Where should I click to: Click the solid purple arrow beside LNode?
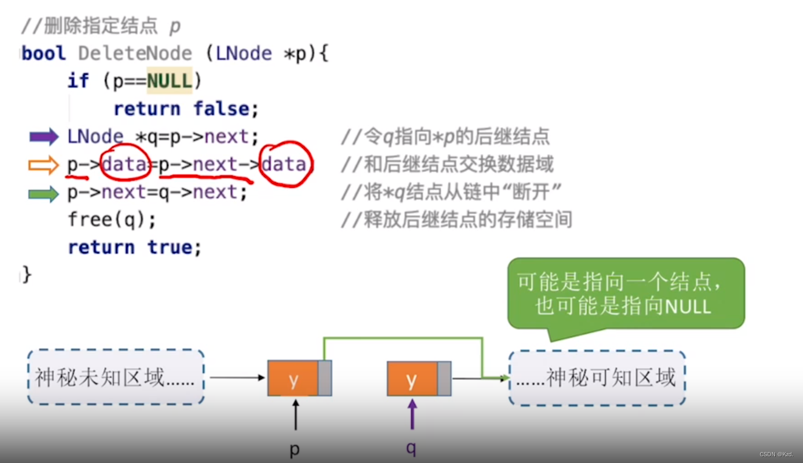pos(44,137)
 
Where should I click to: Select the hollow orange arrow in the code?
pos(44,165)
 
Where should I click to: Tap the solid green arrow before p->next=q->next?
pos(44,193)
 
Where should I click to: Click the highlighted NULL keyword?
pos(169,80)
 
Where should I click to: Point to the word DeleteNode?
pos(135,53)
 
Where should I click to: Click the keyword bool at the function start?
pos(44,53)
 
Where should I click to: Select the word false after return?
pos(226,109)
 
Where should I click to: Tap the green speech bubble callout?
pos(626,294)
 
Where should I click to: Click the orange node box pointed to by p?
pos(293,379)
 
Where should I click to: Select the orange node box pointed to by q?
pos(412,379)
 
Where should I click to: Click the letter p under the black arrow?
pos(295,449)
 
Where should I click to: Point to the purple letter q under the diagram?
pos(412,448)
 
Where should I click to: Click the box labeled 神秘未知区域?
pos(115,378)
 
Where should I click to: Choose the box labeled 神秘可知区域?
pos(597,378)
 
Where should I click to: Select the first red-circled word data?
pos(124,164)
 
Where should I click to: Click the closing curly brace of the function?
pos(26,274)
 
